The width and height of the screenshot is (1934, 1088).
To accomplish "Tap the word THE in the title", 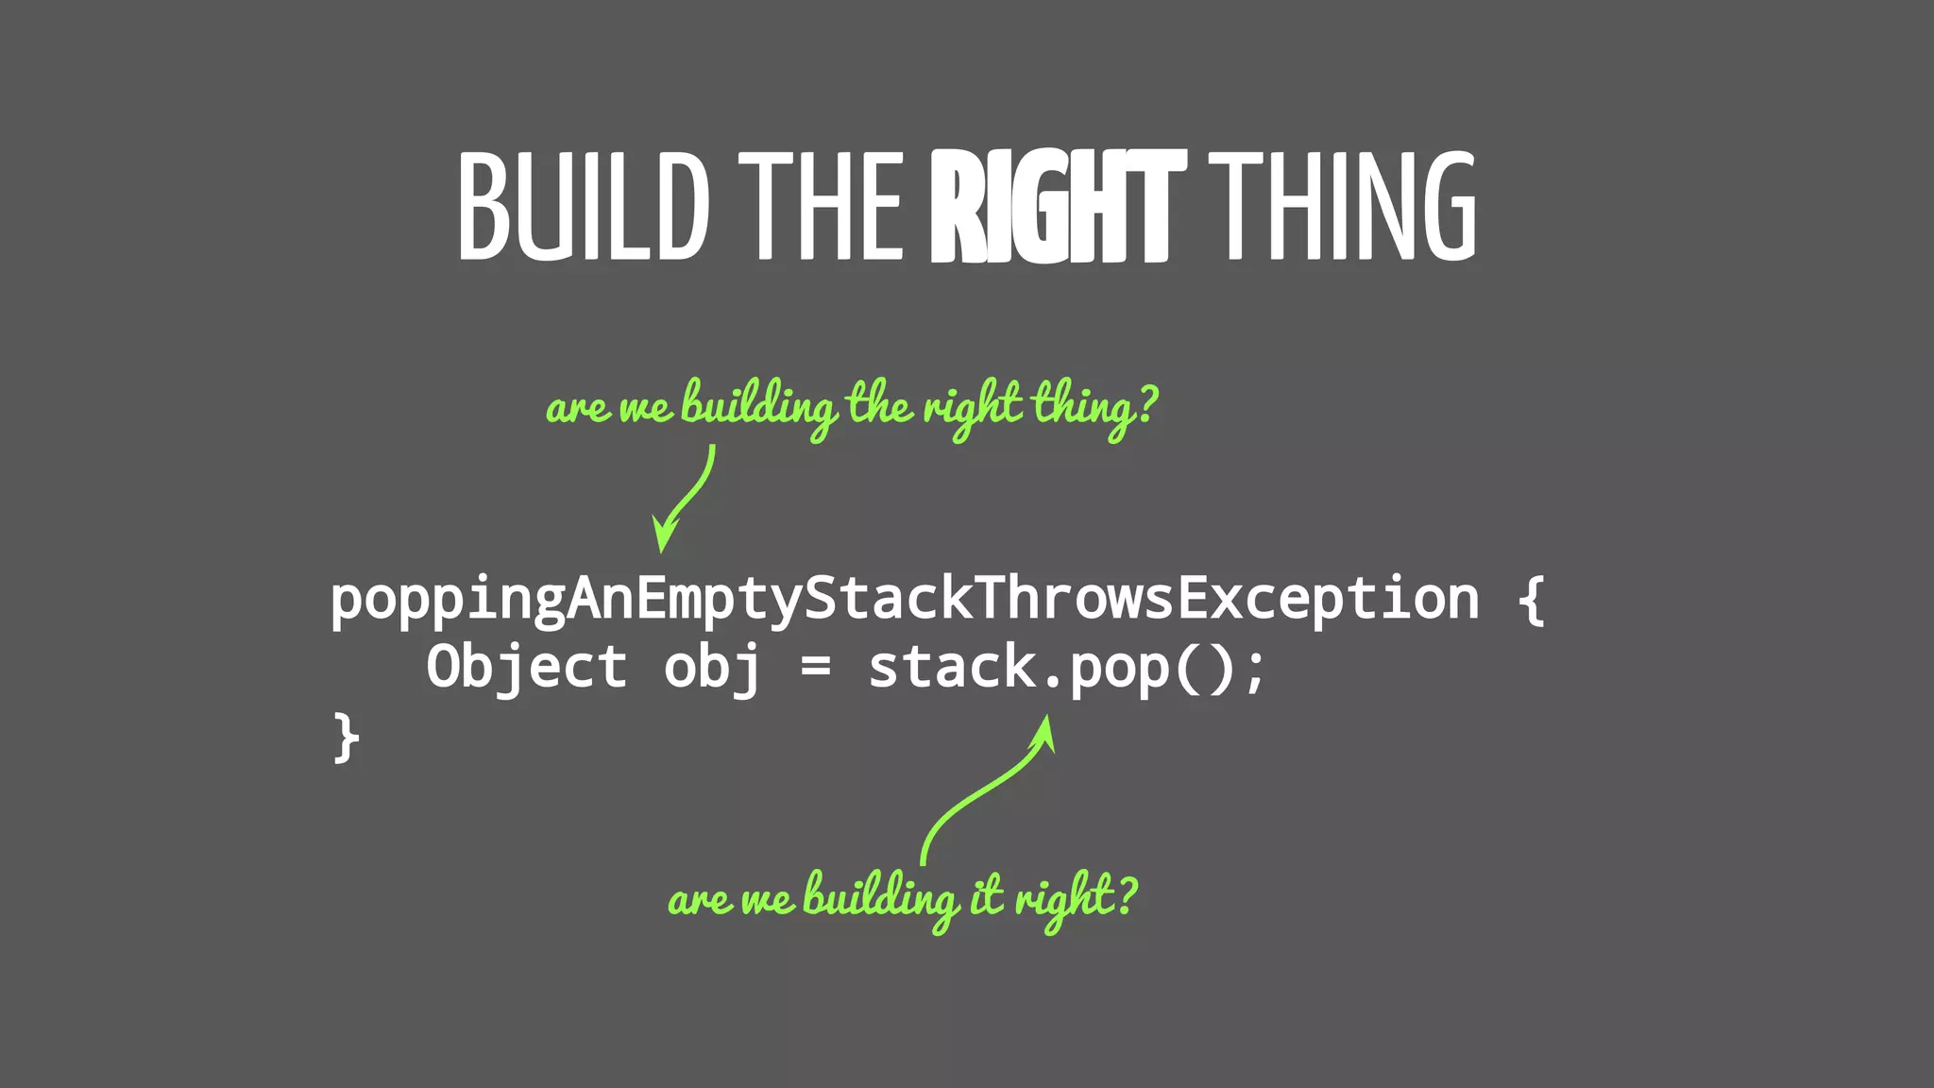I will click(x=821, y=205).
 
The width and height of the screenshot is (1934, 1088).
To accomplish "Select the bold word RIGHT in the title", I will click(x=1057, y=205).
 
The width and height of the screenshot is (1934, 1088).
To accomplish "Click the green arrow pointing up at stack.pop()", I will click(x=987, y=789).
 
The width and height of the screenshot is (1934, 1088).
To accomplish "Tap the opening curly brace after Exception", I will click(x=1531, y=599).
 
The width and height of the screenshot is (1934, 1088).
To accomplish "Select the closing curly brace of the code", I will click(x=346, y=737).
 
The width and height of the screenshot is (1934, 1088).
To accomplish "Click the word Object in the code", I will click(x=526, y=667).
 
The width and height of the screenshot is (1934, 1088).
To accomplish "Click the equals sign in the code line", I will click(x=815, y=667).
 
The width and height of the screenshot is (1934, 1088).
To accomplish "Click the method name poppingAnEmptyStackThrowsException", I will click(x=904, y=601).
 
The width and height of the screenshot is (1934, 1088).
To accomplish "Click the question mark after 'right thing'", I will click(x=1146, y=404).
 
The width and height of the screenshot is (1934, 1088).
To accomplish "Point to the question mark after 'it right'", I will click(x=1126, y=895).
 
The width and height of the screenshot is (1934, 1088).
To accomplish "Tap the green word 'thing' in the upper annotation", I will click(x=1082, y=408).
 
